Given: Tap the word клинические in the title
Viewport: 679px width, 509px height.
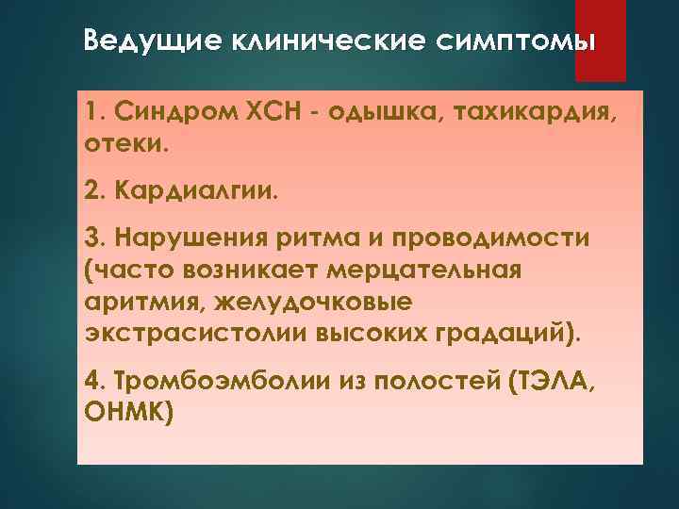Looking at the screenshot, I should [x=296, y=42].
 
